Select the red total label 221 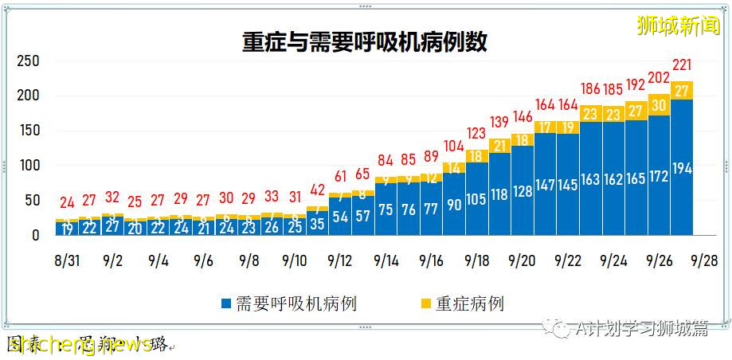point(683,65)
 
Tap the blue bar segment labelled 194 point(682,168)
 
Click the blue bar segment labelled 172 point(660,176)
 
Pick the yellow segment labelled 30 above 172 point(660,105)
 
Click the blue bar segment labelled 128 point(523,191)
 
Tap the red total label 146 point(523,117)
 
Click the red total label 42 point(317,190)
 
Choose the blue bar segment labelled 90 point(454,205)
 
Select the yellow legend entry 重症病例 point(462,303)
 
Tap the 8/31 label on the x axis point(67,260)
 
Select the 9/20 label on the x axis point(523,260)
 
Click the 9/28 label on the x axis point(705,260)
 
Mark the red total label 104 point(454,146)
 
